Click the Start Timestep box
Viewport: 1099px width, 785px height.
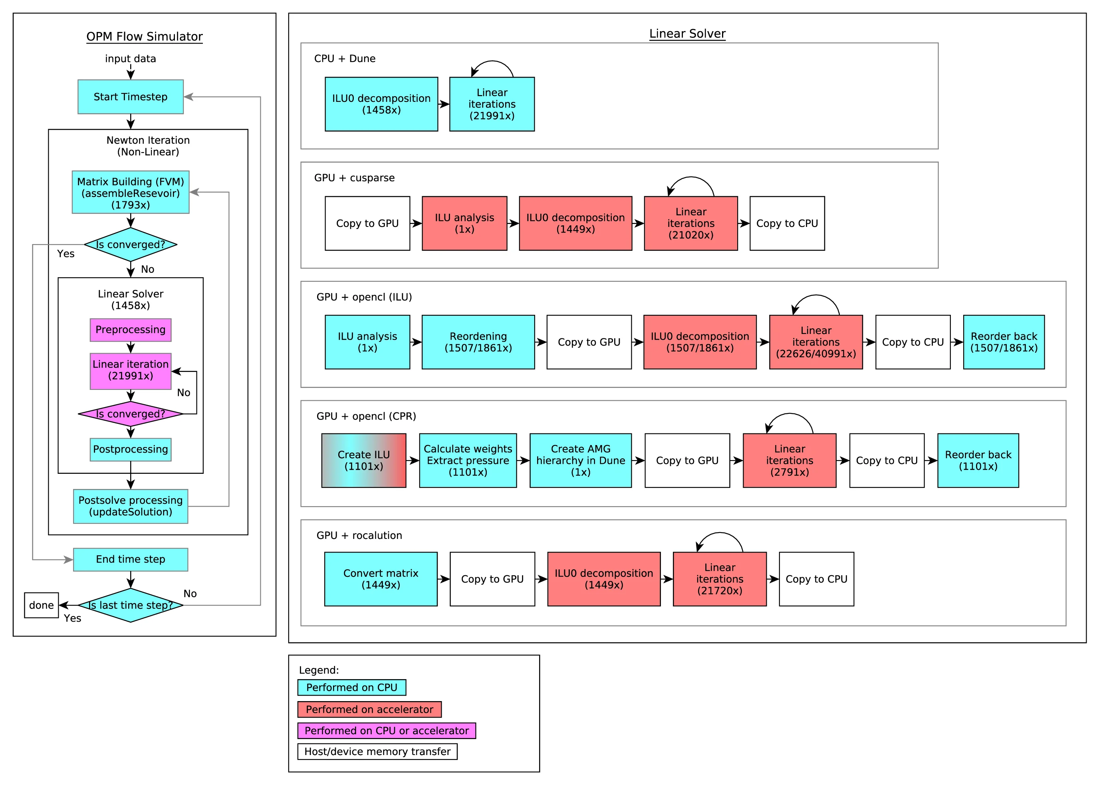tap(131, 97)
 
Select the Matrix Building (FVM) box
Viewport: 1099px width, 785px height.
tap(131, 193)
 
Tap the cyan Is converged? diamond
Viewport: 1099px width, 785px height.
tap(131, 244)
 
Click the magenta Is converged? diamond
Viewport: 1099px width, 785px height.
tap(131, 414)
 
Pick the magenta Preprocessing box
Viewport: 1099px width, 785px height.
tap(131, 330)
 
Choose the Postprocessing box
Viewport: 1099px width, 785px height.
tap(131, 449)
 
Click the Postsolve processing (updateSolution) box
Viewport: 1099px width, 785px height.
tap(131, 506)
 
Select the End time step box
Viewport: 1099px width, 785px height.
tap(131, 559)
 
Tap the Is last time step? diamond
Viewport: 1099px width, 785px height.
tap(131, 605)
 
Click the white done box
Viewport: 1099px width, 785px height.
tap(42, 605)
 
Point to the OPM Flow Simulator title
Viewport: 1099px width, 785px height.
tap(145, 37)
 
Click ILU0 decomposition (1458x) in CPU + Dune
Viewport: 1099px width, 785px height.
tap(381, 104)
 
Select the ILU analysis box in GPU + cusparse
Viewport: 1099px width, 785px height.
tap(464, 223)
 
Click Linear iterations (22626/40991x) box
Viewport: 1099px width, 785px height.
tap(815, 342)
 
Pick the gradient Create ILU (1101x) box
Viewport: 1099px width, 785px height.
tap(364, 460)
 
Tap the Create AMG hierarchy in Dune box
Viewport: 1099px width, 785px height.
tap(580, 460)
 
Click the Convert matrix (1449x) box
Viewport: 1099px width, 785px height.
tap(381, 579)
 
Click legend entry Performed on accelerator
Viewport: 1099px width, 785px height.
tap(369, 709)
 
